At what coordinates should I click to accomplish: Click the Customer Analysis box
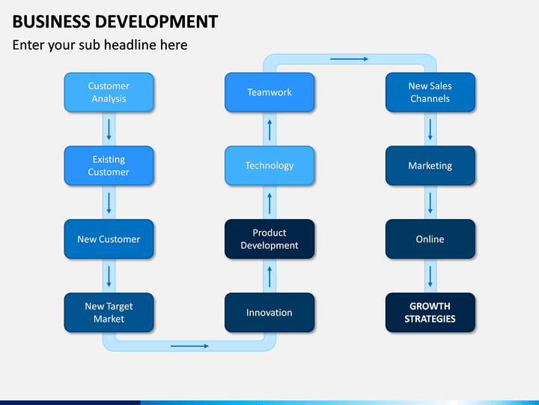109,92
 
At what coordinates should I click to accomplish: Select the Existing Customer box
109,166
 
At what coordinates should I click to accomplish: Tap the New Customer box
109,239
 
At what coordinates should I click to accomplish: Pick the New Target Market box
109,312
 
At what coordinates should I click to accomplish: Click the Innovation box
269,312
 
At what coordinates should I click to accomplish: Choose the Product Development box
269,239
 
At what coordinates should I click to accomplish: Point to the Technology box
269,166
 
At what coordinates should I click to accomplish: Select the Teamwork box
269,92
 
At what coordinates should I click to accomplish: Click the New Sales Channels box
430,92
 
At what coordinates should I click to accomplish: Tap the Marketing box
430,166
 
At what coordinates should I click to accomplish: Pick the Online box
430,239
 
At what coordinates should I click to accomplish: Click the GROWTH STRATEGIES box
430,312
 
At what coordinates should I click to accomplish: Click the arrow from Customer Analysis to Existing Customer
109,130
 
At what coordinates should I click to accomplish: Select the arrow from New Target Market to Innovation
189,346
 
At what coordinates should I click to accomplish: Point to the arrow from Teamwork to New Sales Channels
350,59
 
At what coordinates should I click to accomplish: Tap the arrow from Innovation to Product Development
269,277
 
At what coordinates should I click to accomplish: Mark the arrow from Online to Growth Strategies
430,277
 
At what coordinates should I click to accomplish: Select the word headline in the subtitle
133,45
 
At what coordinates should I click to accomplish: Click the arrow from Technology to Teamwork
269,130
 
